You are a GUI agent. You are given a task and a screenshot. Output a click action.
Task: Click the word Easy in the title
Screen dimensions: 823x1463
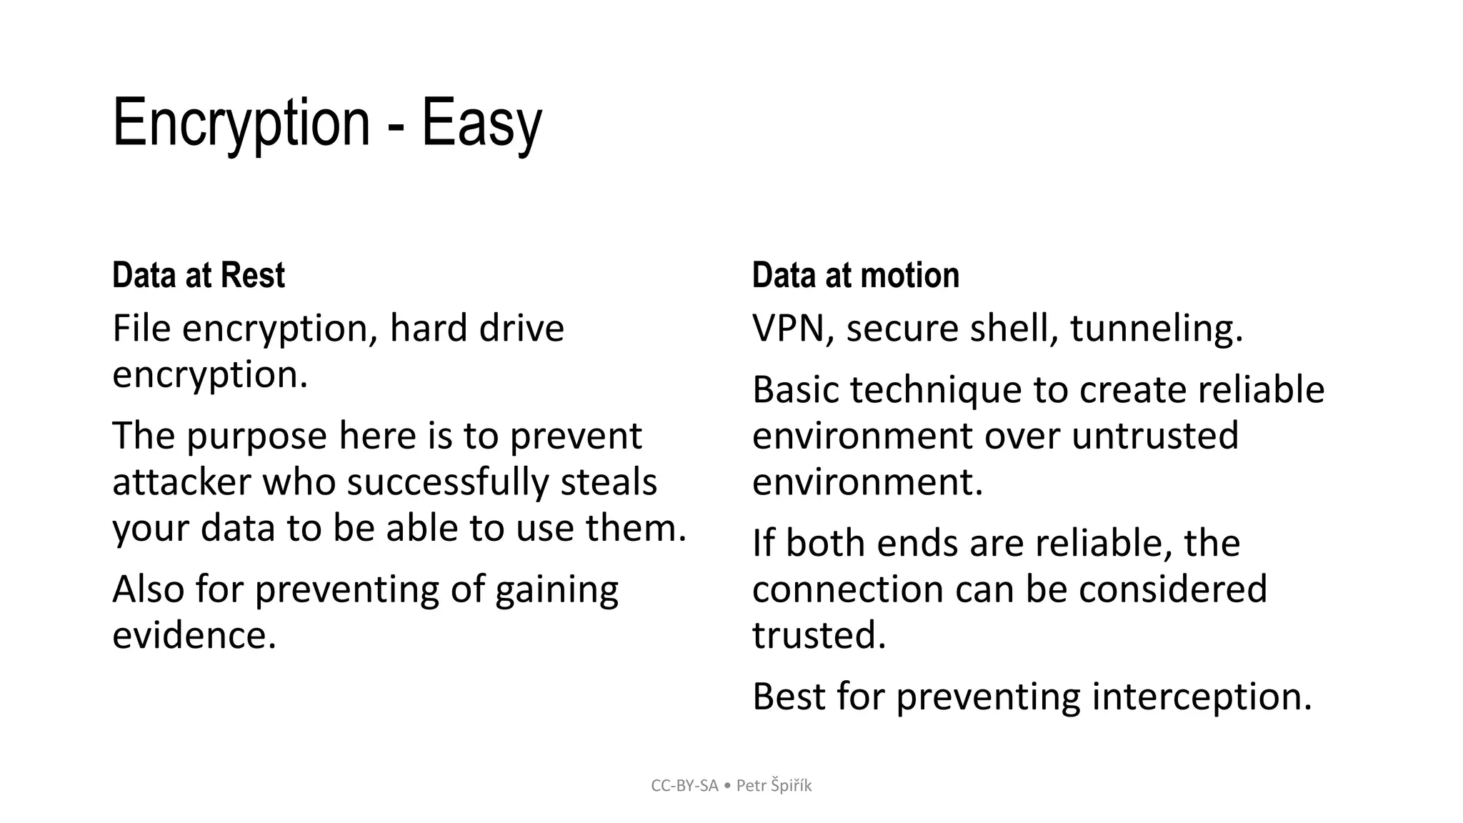pos(481,124)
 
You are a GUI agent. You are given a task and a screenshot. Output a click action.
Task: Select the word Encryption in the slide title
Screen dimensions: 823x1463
pos(241,124)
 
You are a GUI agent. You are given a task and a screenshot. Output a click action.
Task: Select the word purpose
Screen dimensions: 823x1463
pos(256,437)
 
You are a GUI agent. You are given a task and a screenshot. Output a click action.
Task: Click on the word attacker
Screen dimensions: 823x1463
pos(181,482)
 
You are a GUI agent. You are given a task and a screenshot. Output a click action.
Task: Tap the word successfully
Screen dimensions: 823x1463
pos(447,482)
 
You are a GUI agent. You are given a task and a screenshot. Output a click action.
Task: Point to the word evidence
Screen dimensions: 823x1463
pos(194,635)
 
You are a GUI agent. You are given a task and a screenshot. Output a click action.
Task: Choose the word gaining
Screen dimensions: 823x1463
pos(556,591)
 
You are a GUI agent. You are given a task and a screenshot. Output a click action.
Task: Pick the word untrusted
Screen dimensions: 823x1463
pos(1155,437)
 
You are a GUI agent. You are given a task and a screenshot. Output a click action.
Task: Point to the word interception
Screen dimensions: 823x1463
pos(1202,697)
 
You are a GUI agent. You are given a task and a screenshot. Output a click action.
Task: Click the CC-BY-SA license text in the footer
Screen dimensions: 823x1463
pos(684,786)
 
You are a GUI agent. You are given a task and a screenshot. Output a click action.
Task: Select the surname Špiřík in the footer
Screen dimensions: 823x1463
pos(792,786)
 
